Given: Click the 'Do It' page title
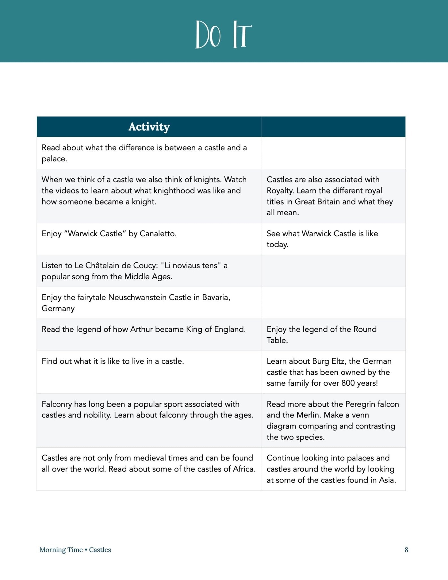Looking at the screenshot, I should tap(224, 35).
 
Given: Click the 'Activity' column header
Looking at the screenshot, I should tap(149, 127).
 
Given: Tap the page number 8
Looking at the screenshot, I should tap(406, 550).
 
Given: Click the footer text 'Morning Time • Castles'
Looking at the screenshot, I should tap(75, 550).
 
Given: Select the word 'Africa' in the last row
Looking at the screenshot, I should tap(244, 469).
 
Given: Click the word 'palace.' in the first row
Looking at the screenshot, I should tap(54, 159).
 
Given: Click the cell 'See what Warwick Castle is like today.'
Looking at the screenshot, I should tap(322, 239).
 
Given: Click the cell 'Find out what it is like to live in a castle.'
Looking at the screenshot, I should tap(113, 361).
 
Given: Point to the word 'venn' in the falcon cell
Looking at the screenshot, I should tap(360, 415).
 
